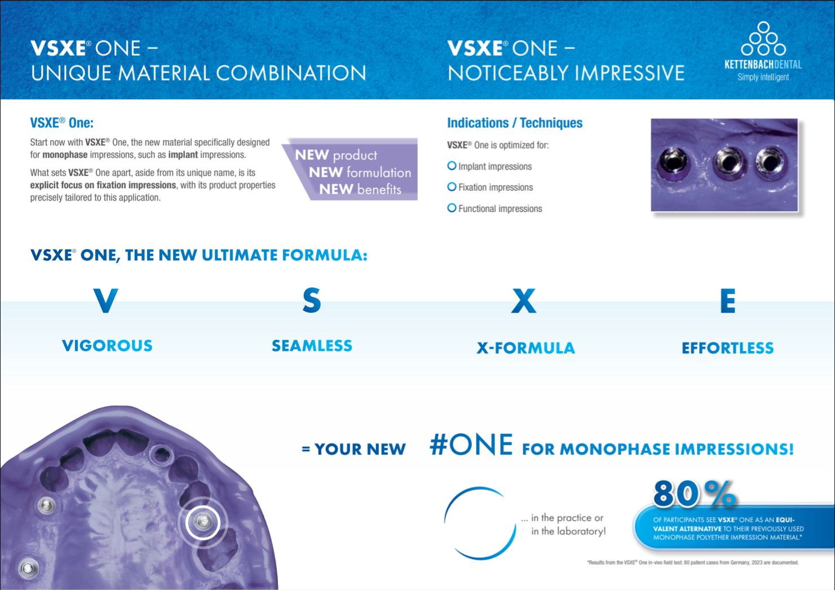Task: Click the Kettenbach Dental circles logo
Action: pos(763,39)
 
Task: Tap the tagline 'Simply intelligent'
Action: pos(763,77)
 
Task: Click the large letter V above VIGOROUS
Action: pos(105,301)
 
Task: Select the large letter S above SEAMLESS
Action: pos(311,301)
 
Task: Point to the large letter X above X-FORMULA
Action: pos(524,301)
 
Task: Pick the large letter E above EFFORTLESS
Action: pos(727,301)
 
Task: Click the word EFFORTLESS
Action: pos(727,348)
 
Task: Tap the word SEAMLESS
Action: pos(312,345)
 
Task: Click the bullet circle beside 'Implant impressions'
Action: pos(452,166)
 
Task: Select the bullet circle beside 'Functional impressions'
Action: pos(452,208)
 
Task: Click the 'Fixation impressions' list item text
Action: pos(495,187)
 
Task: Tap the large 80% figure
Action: pos(694,494)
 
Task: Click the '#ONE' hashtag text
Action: pos(471,445)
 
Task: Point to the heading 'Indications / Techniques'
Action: pos(514,123)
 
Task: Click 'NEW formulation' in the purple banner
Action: pos(360,172)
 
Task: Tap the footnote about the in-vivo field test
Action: pos(692,562)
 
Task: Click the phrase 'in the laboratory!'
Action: pos(568,531)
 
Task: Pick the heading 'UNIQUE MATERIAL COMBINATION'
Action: pos(198,73)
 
